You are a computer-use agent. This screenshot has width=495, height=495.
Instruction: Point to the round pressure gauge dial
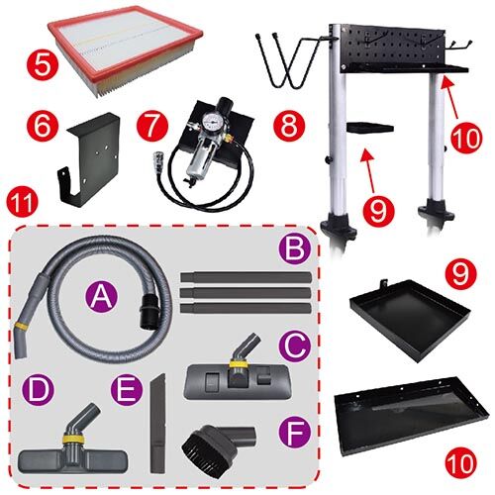pyautogui.click(x=211, y=120)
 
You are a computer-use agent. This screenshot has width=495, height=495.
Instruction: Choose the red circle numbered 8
pyautogui.click(x=289, y=126)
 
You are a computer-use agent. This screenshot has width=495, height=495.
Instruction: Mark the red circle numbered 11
pyautogui.click(x=23, y=202)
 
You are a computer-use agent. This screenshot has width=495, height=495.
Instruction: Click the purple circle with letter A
pyautogui.click(x=101, y=297)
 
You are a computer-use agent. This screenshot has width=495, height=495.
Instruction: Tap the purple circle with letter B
pyautogui.click(x=295, y=249)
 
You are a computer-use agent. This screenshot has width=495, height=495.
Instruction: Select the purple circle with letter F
pyautogui.click(x=295, y=433)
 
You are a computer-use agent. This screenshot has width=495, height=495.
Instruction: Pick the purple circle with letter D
pyautogui.click(x=38, y=390)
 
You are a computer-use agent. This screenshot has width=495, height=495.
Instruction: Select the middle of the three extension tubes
pyautogui.click(x=246, y=292)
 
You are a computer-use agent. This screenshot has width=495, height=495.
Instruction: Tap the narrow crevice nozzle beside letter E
pyautogui.click(x=158, y=423)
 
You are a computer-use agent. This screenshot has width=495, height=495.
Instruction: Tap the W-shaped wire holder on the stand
pyautogui.click(x=290, y=61)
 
